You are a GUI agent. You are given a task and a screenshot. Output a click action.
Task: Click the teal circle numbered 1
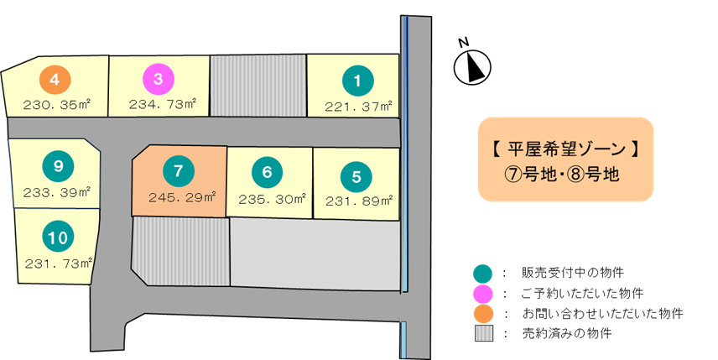click(357, 81)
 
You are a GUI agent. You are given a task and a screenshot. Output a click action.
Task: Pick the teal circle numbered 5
click(356, 177)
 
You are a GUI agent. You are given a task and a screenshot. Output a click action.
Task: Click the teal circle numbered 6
click(267, 173)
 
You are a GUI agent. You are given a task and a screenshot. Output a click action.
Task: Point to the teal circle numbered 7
click(178, 170)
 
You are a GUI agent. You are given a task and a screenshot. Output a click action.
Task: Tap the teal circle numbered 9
click(57, 166)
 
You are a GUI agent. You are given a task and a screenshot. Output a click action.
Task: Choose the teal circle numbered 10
click(57, 238)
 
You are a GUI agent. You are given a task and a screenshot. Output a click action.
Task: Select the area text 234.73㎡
click(163, 104)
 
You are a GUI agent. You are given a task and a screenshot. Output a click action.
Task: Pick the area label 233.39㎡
click(58, 192)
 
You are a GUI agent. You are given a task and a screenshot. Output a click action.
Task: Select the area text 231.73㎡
click(58, 263)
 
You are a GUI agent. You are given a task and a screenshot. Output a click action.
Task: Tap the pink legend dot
click(483, 294)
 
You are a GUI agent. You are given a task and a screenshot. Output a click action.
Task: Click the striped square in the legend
click(484, 333)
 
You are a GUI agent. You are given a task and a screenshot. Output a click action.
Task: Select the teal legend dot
click(483, 274)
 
